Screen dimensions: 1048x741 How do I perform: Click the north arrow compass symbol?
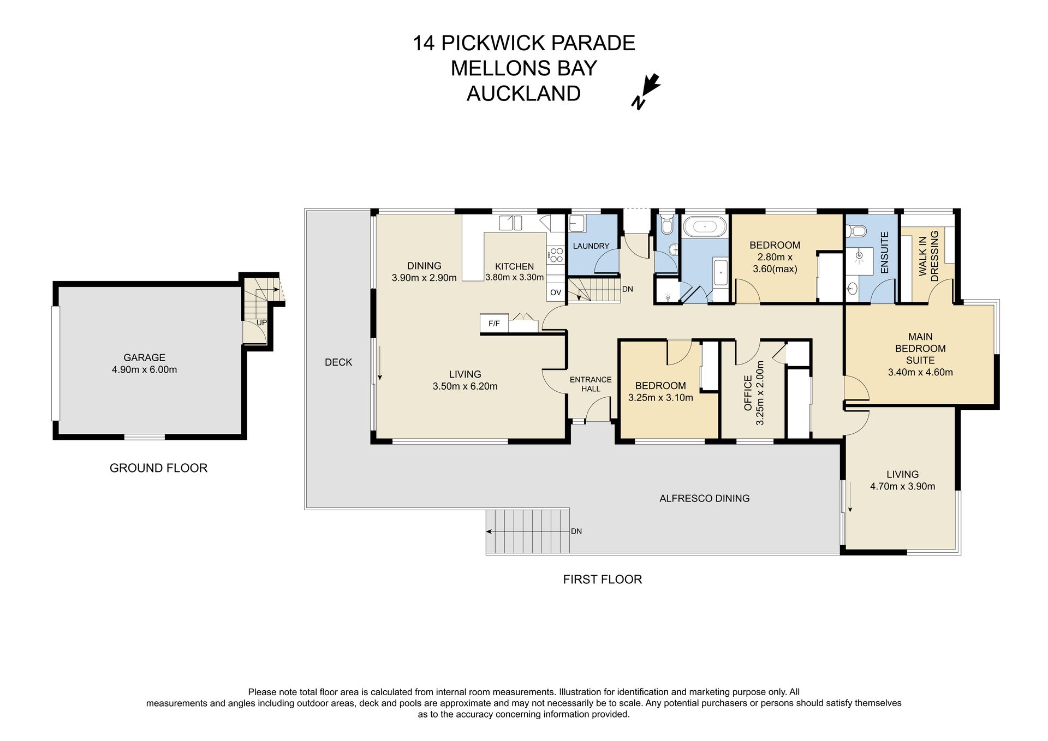click(x=646, y=92)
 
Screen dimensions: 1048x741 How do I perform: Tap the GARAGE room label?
click(x=144, y=357)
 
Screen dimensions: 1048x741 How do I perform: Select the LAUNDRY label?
click(x=591, y=246)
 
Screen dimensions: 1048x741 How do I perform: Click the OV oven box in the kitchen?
click(x=556, y=292)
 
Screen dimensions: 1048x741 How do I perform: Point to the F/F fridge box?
click(x=494, y=324)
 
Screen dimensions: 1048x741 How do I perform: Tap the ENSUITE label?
click(x=885, y=253)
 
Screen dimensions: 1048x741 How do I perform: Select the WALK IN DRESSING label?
click(x=928, y=256)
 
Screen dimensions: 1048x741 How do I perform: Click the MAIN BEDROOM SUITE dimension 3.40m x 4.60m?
click(x=920, y=373)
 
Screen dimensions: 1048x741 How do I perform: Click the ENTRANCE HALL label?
click(x=591, y=384)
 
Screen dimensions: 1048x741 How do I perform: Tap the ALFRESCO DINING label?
click(x=704, y=498)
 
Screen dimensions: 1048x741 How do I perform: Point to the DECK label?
click(x=338, y=362)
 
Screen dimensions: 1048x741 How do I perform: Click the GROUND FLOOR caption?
click(x=158, y=468)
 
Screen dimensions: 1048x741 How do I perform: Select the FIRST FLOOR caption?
click(x=603, y=579)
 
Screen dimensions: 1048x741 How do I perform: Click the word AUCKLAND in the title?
click(x=523, y=93)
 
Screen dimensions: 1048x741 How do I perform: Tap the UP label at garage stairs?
click(x=261, y=322)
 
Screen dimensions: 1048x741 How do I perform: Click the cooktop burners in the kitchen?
click(x=556, y=254)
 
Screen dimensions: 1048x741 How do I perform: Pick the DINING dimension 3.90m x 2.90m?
click(x=424, y=278)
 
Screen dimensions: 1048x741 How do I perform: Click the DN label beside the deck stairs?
click(x=576, y=531)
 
